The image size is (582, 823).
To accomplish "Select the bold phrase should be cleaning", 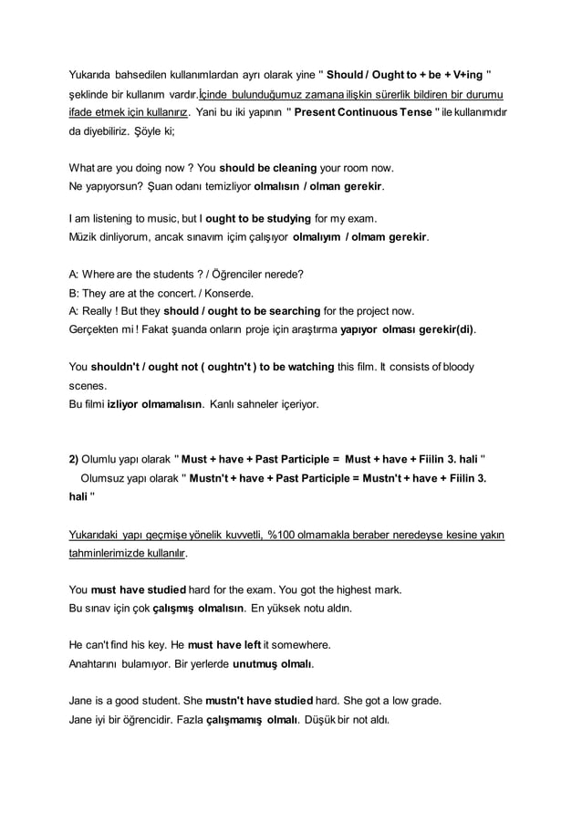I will coord(268,168).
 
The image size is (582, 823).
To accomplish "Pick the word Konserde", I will coord(233,294).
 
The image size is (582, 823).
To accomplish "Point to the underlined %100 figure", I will coord(284,535).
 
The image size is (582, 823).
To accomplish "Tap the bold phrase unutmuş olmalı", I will coord(274,663).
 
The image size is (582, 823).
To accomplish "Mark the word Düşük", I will coord(337,719).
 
